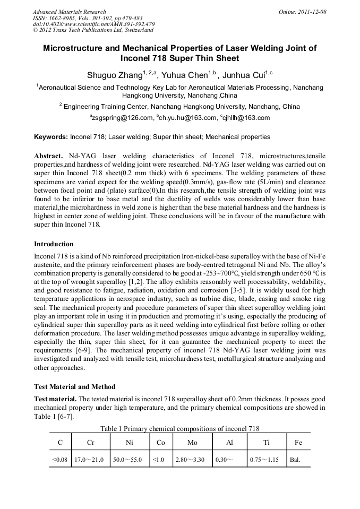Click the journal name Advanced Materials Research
click(69, 12)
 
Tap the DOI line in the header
click(93, 24)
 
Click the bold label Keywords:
click(51, 137)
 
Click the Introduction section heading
click(54, 244)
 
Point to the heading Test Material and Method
click(74, 386)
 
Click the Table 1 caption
click(179, 428)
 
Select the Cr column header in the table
click(90, 442)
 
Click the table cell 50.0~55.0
click(127, 460)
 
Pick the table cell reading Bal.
click(295, 460)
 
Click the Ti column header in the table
click(266, 442)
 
